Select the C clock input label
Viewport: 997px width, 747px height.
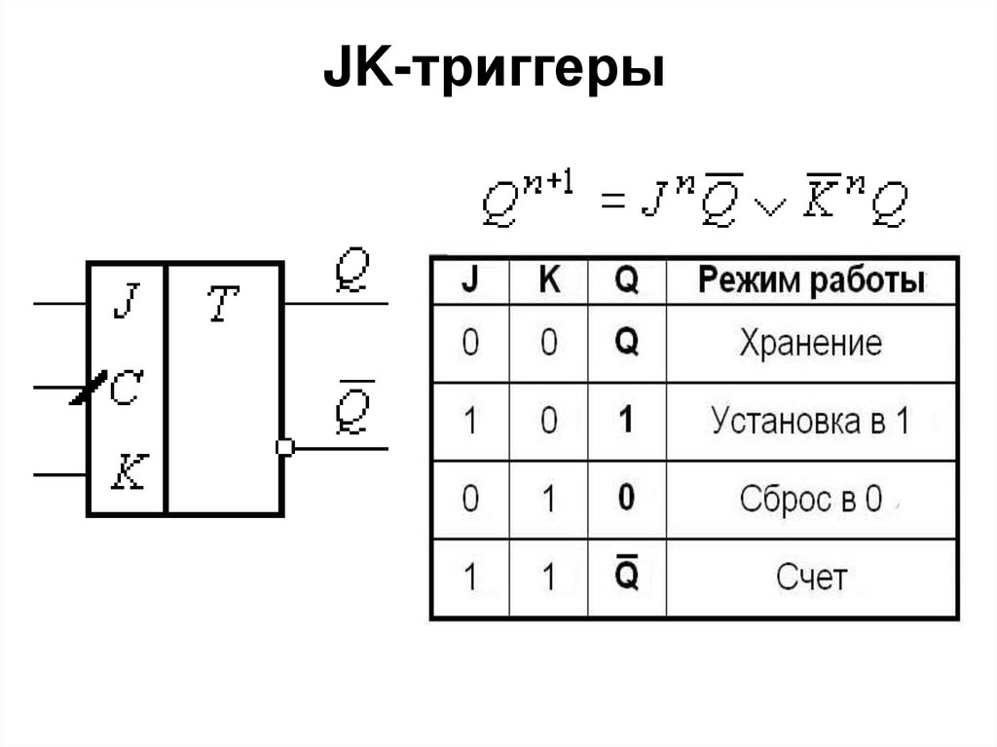click(126, 390)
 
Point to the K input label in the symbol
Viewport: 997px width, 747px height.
click(126, 473)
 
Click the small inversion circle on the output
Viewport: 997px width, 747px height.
click(284, 447)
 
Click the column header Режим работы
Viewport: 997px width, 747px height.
click(810, 281)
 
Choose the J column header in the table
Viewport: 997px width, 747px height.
click(469, 281)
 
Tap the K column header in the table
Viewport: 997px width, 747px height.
click(549, 281)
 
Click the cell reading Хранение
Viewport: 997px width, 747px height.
click(810, 343)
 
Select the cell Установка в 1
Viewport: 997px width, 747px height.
click(810, 421)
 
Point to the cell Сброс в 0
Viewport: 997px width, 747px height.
click(810, 499)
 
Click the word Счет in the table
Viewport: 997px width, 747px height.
click(810, 578)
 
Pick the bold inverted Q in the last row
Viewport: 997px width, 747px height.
click(627, 576)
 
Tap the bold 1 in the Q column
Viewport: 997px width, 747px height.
click(627, 421)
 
